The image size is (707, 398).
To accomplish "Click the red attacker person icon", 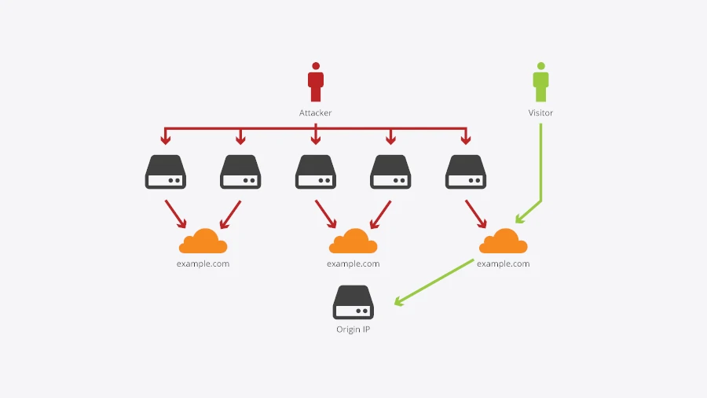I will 316,83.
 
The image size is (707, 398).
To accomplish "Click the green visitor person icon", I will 540,83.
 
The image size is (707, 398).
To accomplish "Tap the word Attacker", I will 316,113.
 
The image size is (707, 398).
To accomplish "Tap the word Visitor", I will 540,113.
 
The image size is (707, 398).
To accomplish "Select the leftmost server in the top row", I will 165,171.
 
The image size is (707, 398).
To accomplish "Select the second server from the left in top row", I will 240,171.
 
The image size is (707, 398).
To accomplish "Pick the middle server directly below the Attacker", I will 316,171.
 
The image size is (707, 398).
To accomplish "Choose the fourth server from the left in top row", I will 390,171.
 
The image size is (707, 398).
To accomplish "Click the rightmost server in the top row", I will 466,171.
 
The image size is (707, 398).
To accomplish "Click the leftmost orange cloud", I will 203,241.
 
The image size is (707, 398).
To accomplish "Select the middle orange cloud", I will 353,241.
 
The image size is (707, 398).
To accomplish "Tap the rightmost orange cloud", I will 504,241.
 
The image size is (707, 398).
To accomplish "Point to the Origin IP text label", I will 353,330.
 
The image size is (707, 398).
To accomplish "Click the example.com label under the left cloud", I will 203,263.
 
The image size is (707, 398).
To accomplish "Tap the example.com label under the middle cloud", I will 353,263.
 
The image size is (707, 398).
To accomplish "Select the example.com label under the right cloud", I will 504,263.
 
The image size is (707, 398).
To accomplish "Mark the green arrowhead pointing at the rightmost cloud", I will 519,219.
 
